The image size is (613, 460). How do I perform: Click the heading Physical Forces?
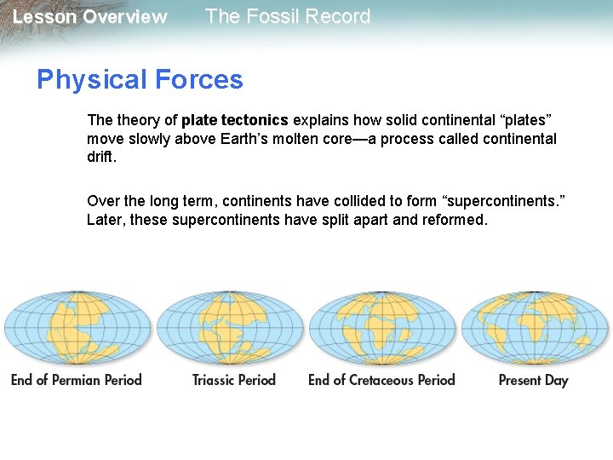[x=140, y=80]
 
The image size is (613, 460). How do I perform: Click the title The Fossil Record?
[x=288, y=17]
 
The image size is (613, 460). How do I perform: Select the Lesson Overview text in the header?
[x=90, y=17]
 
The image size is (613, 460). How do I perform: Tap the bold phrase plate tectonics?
[x=235, y=120]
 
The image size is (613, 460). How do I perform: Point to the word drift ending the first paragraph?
[x=100, y=158]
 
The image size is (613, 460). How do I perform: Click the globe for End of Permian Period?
[x=77, y=328]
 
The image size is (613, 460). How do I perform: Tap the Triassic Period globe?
[x=230, y=328]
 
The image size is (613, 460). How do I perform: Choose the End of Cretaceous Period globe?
[x=382, y=328]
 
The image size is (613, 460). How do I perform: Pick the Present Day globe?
[x=534, y=328]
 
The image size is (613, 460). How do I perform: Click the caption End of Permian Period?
[x=77, y=380]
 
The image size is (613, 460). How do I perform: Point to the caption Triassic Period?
[x=234, y=380]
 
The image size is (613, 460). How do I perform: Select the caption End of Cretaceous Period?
[x=381, y=380]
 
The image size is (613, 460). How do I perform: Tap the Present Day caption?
[x=533, y=380]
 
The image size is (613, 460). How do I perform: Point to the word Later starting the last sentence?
[x=103, y=220]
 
